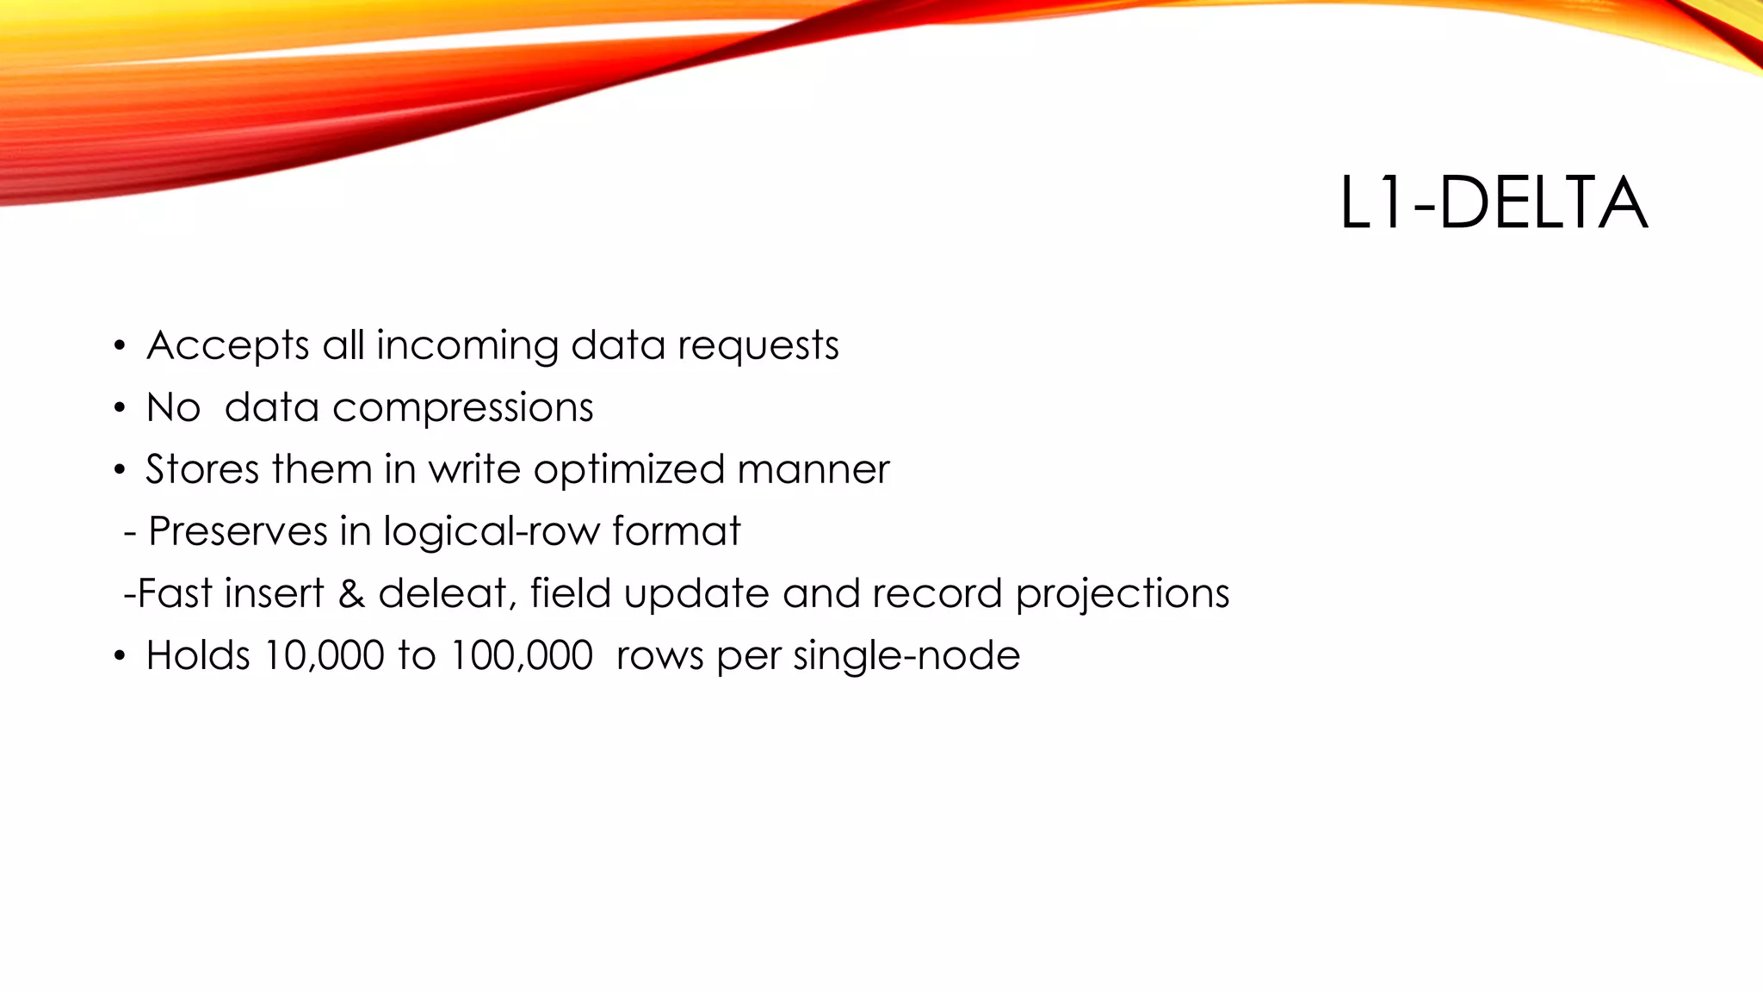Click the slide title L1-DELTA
point(1493,203)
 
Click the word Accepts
point(228,346)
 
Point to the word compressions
point(463,408)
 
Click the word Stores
point(202,470)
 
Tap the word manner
point(813,470)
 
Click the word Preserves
point(238,531)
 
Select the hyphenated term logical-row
point(491,532)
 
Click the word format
point(676,531)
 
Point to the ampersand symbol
point(351,593)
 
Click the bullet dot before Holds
point(120,656)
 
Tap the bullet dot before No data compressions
point(120,408)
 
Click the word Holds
point(198,655)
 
